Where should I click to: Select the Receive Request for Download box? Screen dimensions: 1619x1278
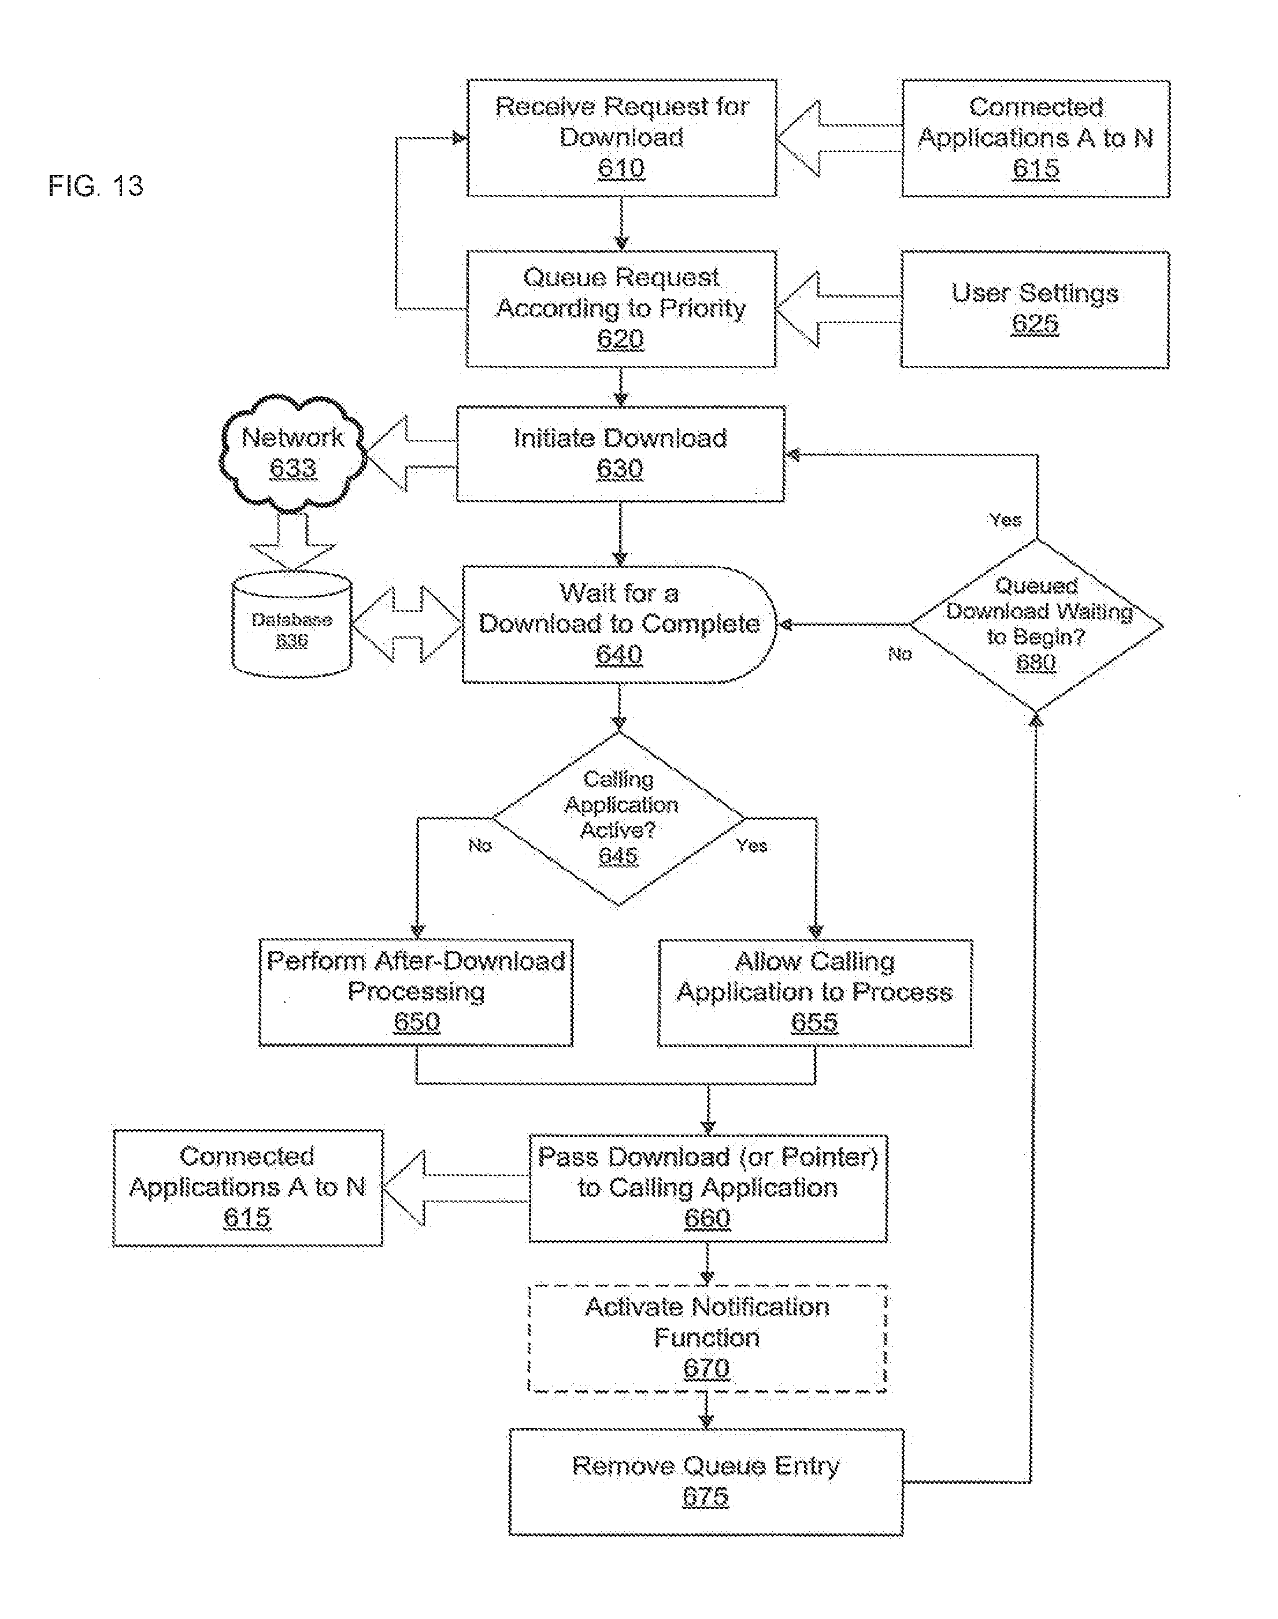621,138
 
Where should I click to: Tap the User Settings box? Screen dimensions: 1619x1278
1035,309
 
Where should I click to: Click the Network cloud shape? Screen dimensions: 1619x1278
292,453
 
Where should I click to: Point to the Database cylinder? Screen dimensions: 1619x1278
292,625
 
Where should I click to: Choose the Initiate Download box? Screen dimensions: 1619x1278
620,453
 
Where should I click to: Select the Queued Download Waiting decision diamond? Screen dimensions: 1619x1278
1036,625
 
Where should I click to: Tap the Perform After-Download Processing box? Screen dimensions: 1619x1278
416,992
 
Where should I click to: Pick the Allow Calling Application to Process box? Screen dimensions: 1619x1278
815,992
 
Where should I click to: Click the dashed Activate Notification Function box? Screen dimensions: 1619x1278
707,1338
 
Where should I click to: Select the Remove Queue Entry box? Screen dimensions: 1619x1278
706,1481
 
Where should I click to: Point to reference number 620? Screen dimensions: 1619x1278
620,340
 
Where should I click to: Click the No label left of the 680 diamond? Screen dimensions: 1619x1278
899,654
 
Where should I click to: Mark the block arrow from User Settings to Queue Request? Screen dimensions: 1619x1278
836,309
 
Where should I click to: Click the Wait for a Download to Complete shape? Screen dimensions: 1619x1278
619,624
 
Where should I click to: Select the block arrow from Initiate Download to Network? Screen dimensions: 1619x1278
410,453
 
